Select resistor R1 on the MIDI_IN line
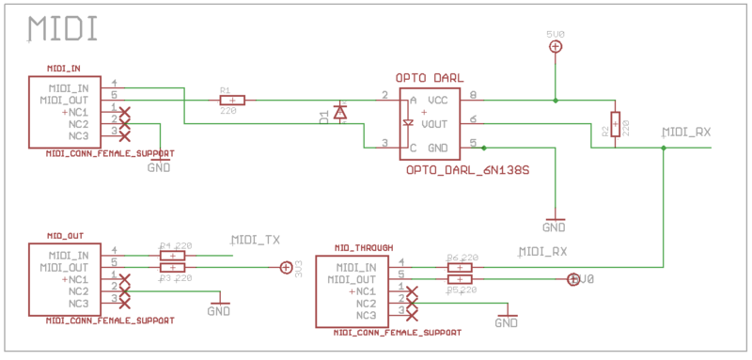[x=232, y=100]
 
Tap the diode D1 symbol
[x=340, y=114]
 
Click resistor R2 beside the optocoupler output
[x=615, y=123]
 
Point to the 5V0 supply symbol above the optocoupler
[x=556, y=44]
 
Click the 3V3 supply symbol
[x=287, y=268]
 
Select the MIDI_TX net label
[x=256, y=241]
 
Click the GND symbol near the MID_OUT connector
[x=219, y=309]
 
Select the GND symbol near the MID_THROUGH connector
[x=507, y=321]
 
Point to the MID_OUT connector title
[x=65, y=236]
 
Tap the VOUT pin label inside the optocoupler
[x=434, y=123]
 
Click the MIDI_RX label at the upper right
[x=686, y=133]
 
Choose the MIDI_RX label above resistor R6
[x=543, y=252]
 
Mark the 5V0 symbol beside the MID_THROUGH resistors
[x=573, y=279]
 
